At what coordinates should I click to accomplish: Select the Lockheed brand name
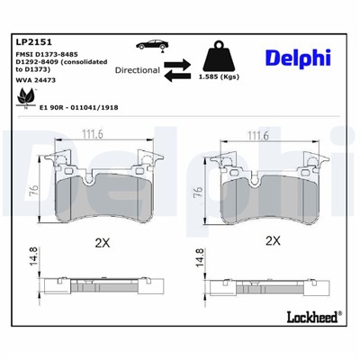coord(310,341)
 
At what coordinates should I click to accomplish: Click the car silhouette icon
coord(153,45)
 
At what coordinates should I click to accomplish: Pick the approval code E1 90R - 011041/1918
coord(79,107)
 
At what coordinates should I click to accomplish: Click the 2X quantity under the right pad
coord(273,242)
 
